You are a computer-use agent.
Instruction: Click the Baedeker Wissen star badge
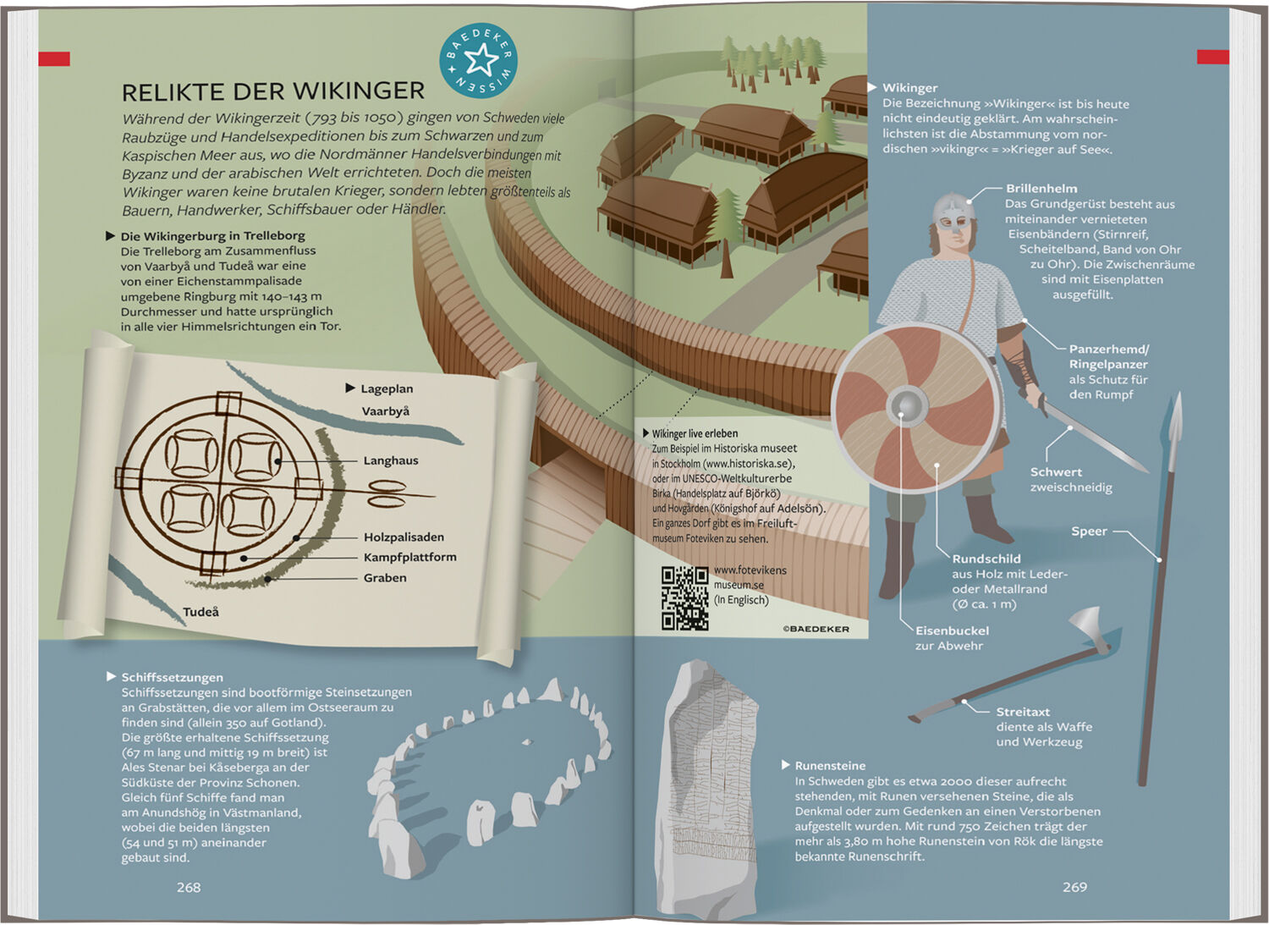point(478,60)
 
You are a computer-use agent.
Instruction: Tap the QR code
point(685,598)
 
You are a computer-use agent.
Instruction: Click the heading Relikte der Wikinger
point(273,91)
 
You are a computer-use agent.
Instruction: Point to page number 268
point(189,887)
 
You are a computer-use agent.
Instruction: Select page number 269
point(1074,886)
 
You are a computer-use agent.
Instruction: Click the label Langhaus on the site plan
point(391,460)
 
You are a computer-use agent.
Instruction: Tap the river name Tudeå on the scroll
point(201,612)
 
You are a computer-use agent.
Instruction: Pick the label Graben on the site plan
point(385,577)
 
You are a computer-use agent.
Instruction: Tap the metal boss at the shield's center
point(908,406)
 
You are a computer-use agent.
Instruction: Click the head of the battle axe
point(1090,628)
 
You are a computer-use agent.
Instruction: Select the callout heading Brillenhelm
point(1041,188)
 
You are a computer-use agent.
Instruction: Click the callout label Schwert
point(1056,471)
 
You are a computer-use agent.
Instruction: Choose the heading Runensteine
point(830,765)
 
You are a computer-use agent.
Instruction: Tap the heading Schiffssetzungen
point(173,677)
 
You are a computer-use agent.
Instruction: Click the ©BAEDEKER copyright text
point(816,629)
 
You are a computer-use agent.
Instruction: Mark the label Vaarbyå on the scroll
point(386,411)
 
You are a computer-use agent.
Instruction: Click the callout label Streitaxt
point(1023,712)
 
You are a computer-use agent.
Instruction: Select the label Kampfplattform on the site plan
point(410,557)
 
